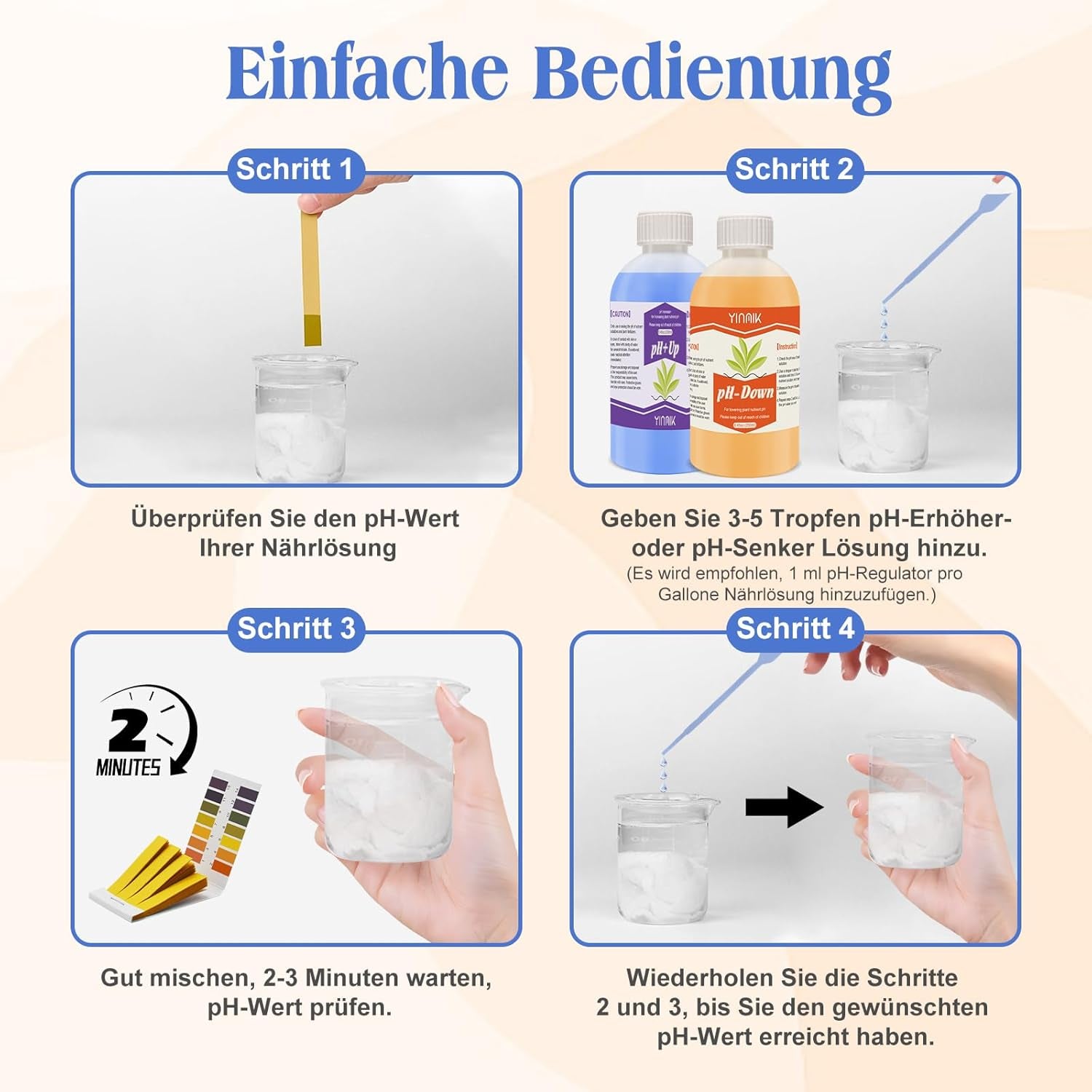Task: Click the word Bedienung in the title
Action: tap(712, 75)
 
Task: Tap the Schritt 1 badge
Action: tap(294, 170)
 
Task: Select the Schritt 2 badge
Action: tap(794, 170)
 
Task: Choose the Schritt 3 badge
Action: tap(296, 628)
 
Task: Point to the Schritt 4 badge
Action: tap(795, 628)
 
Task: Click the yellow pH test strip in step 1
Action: tap(311, 277)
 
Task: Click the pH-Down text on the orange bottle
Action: tap(744, 394)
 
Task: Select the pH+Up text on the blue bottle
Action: tap(665, 350)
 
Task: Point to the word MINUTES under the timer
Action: tap(128, 767)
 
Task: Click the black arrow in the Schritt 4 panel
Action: tap(783, 807)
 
